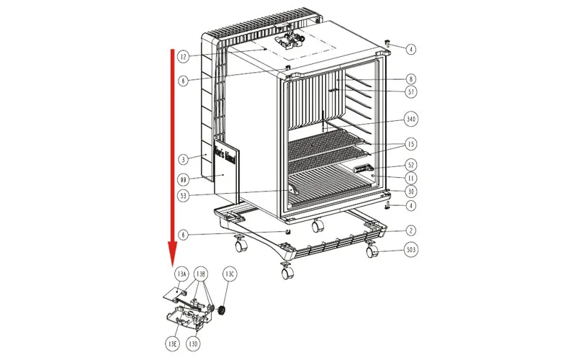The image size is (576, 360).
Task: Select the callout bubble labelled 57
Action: tap(411, 91)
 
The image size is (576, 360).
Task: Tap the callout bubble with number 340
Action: tap(411, 118)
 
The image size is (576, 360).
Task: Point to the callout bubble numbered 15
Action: tap(411, 143)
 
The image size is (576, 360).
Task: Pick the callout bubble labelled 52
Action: tap(411, 164)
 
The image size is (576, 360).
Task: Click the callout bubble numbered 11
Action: tap(411, 177)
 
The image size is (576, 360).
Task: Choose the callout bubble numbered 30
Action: tap(411, 192)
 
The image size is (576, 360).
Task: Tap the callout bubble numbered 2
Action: tap(411, 231)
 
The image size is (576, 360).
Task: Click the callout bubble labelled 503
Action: tap(411, 251)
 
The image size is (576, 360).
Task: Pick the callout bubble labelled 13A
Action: tap(181, 274)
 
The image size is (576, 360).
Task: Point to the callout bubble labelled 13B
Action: tap(202, 274)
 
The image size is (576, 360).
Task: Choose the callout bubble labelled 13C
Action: tap(230, 274)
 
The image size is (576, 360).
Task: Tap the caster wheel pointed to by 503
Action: tap(372, 252)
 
